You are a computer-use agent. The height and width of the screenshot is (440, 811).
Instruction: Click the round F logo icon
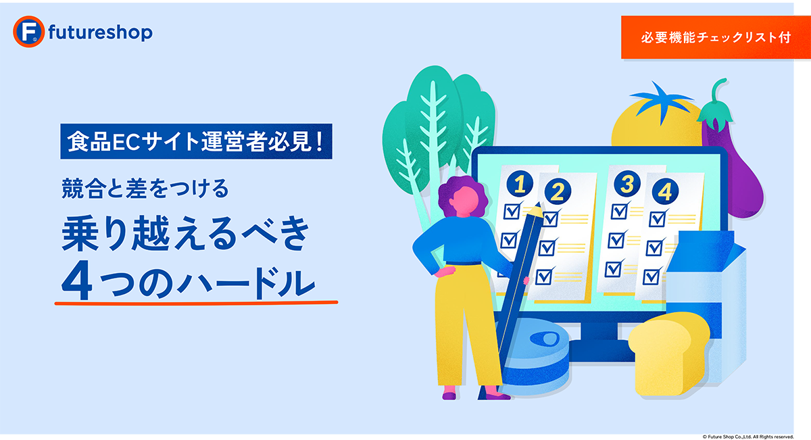pos(28,32)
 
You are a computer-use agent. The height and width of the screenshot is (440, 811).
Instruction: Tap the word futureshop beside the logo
pos(100,32)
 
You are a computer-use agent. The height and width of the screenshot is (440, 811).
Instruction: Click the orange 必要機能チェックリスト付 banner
pos(716,37)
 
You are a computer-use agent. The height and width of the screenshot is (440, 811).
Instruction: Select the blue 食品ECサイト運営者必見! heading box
pos(196,141)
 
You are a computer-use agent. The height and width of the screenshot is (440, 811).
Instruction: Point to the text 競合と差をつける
pos(145,189)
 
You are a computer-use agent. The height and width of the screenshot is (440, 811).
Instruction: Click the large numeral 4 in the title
pos(76,280)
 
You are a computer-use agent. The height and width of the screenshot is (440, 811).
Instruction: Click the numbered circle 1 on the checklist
pos(520,184)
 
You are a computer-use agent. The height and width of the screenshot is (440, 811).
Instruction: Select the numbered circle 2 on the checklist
pos(558,191)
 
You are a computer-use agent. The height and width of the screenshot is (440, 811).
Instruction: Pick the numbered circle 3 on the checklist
pos(627,184)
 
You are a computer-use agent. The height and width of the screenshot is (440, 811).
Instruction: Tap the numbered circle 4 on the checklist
pos(665,191)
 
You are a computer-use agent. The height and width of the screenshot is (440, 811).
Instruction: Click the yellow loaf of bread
pos(668,354)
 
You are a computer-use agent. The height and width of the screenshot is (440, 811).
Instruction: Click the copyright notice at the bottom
pos(748,437)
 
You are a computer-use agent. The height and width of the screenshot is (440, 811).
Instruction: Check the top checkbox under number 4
pos(657,219)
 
